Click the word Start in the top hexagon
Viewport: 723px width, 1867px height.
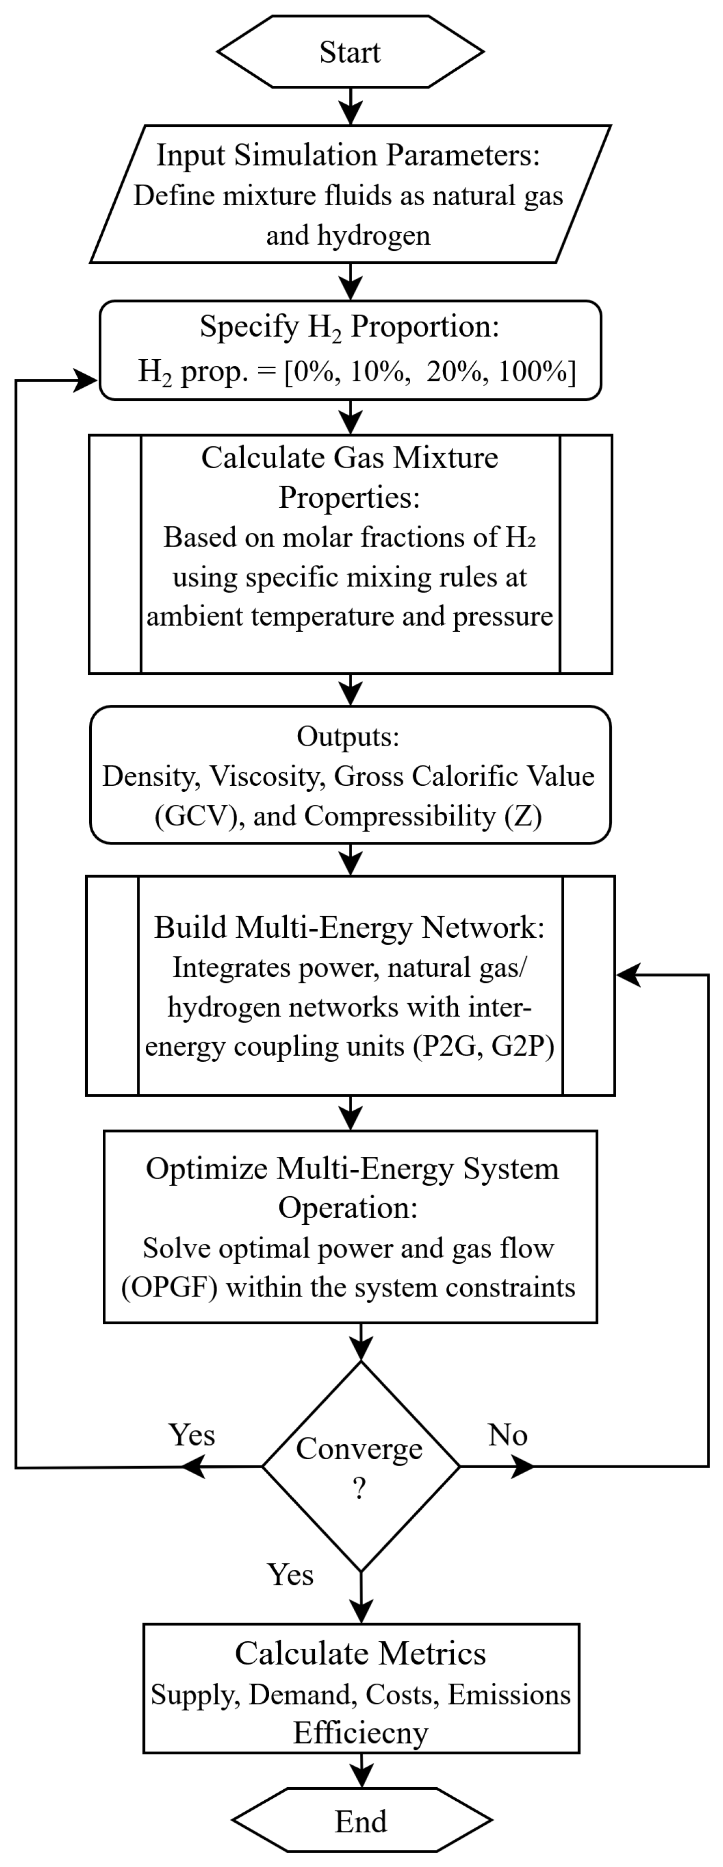350,52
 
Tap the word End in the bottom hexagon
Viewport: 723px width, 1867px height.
361,1821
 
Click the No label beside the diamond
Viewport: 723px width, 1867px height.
508,1434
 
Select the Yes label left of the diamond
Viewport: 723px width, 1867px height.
192,1434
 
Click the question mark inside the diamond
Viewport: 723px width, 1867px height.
359,1489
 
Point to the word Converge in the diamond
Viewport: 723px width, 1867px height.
359,1449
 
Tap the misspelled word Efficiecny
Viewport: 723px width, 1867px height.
361,1733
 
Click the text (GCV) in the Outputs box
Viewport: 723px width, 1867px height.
197,815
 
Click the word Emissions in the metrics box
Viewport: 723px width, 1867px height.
509,1694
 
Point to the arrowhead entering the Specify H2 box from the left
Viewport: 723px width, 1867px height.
85,380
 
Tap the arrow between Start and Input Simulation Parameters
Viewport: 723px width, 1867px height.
350,106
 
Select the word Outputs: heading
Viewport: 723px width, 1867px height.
348,737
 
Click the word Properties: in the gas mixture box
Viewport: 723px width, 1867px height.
350,498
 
